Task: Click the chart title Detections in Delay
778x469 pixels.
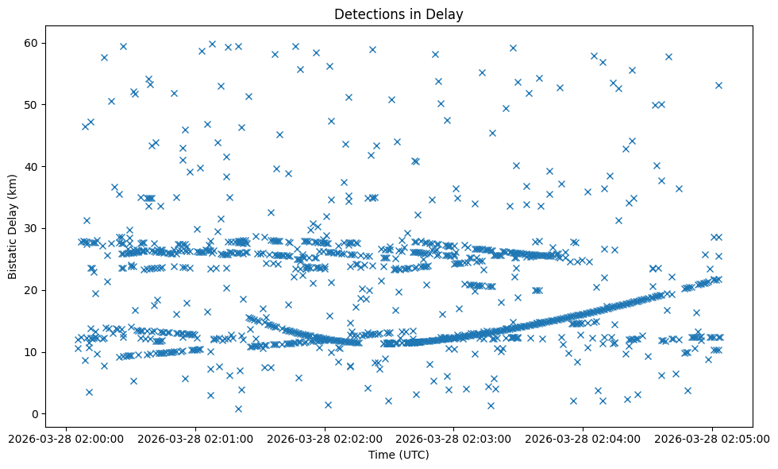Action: (x=399, y=14)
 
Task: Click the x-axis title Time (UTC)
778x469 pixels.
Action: (x=399, y=455)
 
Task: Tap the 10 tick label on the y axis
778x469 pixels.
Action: (x=33, y=352)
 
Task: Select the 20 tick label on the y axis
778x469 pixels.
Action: (x=33, y=290)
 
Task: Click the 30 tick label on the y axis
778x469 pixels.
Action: (x=33, y=228)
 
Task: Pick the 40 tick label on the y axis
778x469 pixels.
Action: (x=33, y=166)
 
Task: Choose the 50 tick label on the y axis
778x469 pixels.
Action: (x=33, y=104)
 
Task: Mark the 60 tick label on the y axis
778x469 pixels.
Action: (x=33, y=42)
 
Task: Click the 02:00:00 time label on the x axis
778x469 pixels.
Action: (x=66, y=438)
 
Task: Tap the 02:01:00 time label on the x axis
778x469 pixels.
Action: (x=195, y=438)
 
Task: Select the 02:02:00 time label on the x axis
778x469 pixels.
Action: (x=325, y=438)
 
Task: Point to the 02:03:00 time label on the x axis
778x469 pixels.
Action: (x=454, y=438)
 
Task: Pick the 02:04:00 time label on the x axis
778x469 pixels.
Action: (x=583, y=438)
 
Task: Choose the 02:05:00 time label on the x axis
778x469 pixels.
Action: (x=712, y=438)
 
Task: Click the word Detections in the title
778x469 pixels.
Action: (x=368, y=14)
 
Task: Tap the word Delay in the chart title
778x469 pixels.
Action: (x=447, y=14)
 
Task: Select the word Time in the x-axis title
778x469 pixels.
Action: (x=380, y=455)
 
